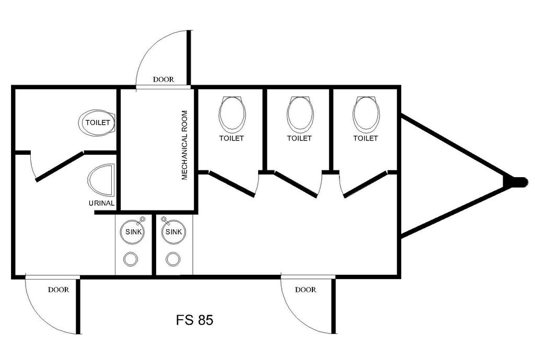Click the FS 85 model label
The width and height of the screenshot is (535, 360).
click(195, 320)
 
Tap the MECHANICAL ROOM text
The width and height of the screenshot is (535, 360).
click(184, 145)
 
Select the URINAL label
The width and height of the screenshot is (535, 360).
click(101, 203)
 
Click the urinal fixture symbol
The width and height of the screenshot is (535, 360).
click(101, 180)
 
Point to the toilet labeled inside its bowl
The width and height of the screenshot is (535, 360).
click(98, 122)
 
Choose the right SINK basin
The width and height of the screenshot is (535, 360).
click(173, 232)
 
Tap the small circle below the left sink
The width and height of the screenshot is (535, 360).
click(131, 259)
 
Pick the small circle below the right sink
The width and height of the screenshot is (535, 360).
click(173, 259)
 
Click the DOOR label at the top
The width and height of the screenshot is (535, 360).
click(164, 79)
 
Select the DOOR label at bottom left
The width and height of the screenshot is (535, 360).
click(59, 289)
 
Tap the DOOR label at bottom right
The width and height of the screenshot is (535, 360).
click(305, 289)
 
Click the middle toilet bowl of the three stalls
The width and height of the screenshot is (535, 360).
click(300, 114)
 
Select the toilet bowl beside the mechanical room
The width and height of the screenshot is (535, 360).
click(232, 114)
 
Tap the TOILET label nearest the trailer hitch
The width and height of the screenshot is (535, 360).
click(365, 138)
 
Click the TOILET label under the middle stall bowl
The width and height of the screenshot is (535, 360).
click(299, 138)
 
